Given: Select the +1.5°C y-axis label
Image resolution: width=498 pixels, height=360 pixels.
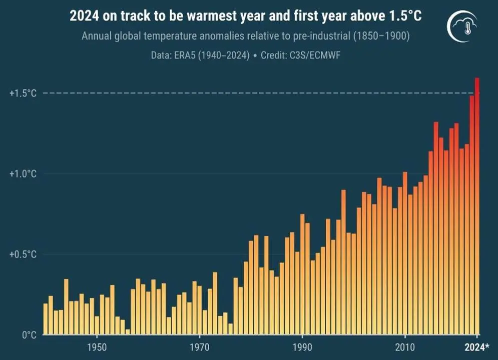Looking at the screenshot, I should pos(23,93).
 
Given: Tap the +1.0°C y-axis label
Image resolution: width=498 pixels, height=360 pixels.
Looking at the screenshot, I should pos(23,174).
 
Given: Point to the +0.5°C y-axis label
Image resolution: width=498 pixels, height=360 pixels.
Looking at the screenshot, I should pos(23,254).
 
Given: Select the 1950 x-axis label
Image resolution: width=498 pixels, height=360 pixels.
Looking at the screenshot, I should pos(97,347).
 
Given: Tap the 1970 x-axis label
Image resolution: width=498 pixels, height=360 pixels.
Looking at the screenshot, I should pos(200,347).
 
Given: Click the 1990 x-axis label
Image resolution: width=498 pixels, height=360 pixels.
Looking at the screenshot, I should pos(302,347).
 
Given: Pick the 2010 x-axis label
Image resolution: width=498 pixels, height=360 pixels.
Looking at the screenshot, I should pos(405,347).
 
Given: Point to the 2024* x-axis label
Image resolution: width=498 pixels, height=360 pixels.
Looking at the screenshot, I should pos(479,347).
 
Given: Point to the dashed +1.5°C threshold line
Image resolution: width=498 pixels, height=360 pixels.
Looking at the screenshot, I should pos(250,93).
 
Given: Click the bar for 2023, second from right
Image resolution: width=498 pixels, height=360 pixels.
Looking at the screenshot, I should pos(471,215).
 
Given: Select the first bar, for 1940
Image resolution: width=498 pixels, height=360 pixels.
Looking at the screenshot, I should pos(46,320).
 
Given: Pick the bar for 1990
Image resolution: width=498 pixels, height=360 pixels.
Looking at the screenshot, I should pos(302,275).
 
